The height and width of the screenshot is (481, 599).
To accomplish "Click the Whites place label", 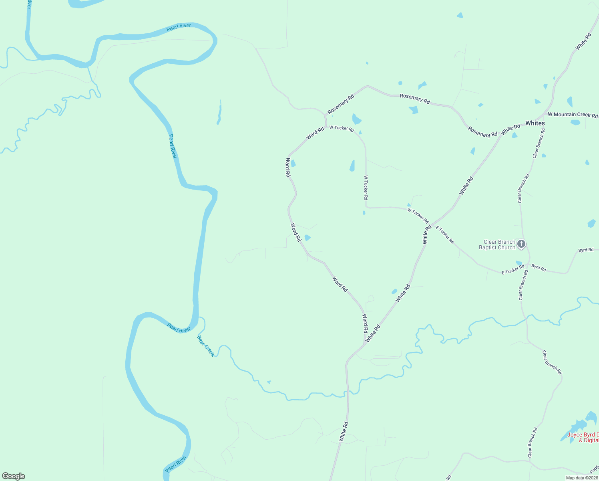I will tap(535, 123).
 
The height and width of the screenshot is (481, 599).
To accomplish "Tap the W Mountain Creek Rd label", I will tap(573, 115).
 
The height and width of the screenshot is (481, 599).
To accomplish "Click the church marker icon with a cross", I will tap(521, 243).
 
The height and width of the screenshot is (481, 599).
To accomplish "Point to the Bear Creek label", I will tap(206, 346).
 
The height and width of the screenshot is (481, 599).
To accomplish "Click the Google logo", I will tap(14, 476).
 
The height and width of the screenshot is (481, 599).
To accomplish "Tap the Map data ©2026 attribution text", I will tap(582, 478).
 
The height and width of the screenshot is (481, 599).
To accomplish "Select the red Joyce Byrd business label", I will tap(583, 437).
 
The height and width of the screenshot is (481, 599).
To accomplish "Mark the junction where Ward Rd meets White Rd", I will tap(364, 344).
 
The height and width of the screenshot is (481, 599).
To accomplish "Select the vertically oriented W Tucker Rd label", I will tap(366, 187).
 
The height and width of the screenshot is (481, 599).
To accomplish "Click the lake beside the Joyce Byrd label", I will tap(579, 426).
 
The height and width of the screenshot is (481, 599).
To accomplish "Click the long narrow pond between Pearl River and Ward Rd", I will tap(219, 113).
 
